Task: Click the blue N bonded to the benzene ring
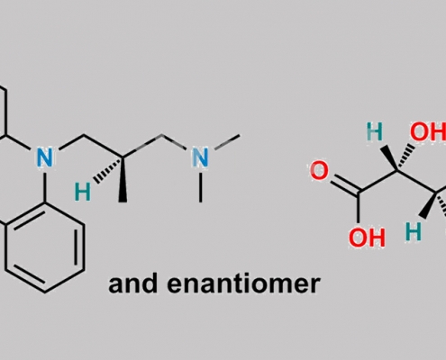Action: pyautogui.click(x=45, y=157)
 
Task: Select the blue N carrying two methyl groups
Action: pyautogui.click(x=200, y=157)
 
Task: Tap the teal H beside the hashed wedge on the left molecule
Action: pyautogui.click(x=82, y=193)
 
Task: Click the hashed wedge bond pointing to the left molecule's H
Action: pyautogui.click(x=108, y=170)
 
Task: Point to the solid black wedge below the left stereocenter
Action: pyautogui.click(x=123, y=179)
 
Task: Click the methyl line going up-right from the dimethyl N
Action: pyautogui.click(x=227, y=142)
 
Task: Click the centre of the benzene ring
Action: pyautogui.click(x=45, y=247)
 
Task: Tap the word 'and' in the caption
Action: pyautogui.click(x=132, y=284)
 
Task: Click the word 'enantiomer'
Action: pyautogui.click(x=243, y=284)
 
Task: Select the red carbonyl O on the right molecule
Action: pyautogui.click(x=319, y=171)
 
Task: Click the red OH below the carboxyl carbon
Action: pyautogui.click(x=367, y=238)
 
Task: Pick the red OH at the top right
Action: pyautogui.click(x=428, y=132)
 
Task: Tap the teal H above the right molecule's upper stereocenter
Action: pyautogui.click(x=375, y=132)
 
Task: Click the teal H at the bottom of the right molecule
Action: pyautogui.click(x=414, y=231)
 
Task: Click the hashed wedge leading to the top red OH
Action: pyautogui.click(x=406, y=157)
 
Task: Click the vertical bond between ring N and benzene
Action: pyautogui.click(x=45, y=186)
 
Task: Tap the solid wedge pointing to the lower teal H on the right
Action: pyautogui.click(x=429, y=204)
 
